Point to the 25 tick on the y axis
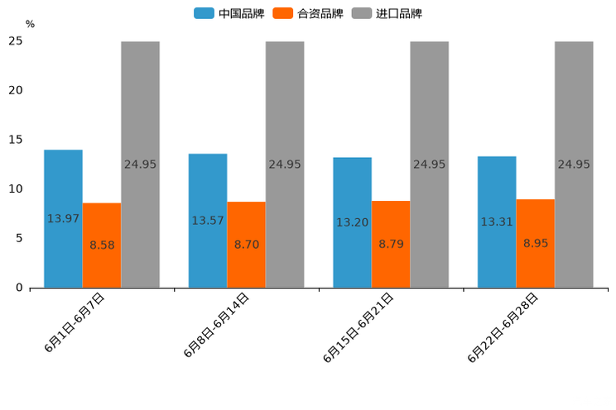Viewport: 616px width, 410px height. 16,41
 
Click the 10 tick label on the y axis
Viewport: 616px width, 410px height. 16,189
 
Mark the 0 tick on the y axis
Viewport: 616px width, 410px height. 19,288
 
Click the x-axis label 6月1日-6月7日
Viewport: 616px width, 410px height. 75,323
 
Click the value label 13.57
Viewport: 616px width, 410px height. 207,221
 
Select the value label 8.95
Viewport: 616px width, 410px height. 536,243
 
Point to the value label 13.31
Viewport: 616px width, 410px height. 497,222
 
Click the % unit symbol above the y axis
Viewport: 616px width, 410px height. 30,25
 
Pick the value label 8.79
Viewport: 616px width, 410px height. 391,244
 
